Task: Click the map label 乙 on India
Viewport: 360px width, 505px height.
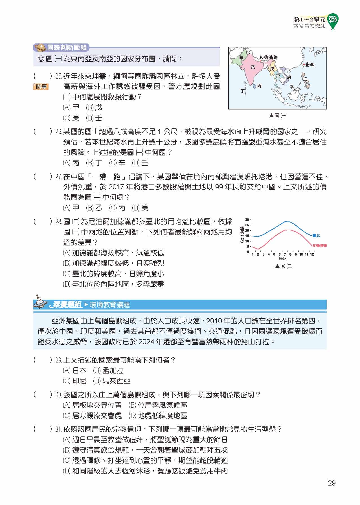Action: tap(253, 67)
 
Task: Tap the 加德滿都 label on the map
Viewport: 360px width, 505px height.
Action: tap(268, 58)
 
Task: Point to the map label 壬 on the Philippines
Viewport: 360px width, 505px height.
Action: tap(305, 79)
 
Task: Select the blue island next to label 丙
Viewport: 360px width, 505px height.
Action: tap(255, 86)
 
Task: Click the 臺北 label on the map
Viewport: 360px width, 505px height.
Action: tap(310, 65)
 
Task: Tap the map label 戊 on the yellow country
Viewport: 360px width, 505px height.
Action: tap(272, 69)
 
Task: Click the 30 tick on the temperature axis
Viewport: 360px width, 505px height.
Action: tap(247, 220)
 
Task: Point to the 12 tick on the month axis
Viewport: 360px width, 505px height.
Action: tap(312, 254)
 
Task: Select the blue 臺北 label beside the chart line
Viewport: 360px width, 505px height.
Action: tap(316, 236)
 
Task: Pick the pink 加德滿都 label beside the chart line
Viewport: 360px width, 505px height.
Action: tap(319, 245)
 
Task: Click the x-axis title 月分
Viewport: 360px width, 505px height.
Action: tap(282, 258)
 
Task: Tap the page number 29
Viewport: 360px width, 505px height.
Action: tap(332, 483)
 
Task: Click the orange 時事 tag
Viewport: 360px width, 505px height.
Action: tap(41, 87)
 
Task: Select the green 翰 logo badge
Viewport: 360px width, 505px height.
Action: tap(333, 21)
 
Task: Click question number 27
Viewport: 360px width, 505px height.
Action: tap(58, 177)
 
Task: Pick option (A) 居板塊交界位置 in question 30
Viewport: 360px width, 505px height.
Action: tap(93, 405)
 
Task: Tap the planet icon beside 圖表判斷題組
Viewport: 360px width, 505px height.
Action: tap(40, 47)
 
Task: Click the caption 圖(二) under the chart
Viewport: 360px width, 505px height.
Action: tap(284, 266)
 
